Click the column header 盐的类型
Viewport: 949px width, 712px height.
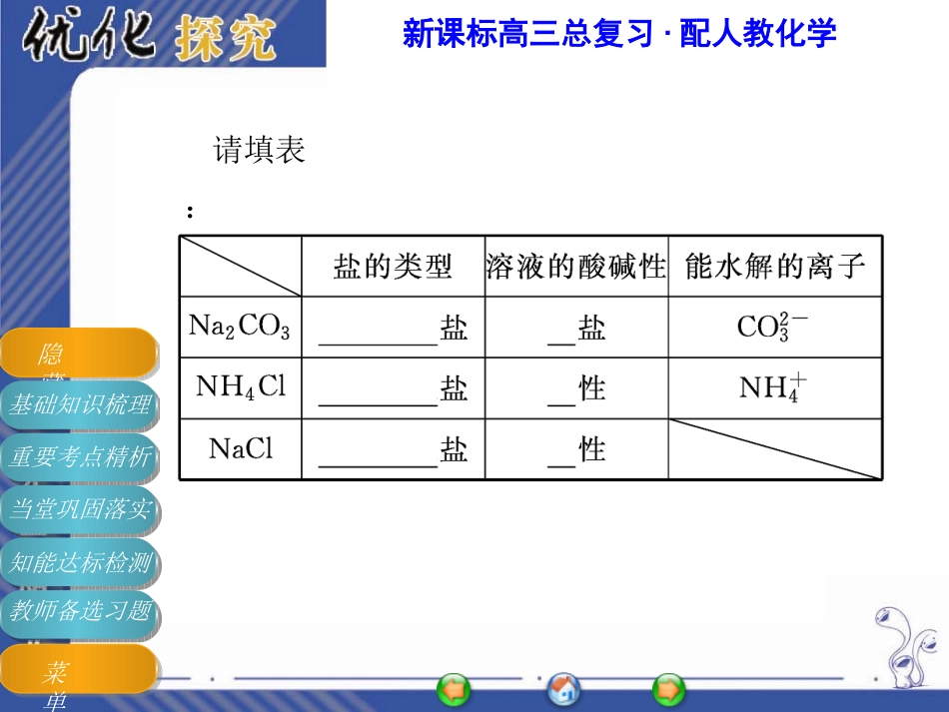[393, 267]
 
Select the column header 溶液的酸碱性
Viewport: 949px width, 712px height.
[576, 267]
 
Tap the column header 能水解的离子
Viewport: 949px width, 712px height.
[775, 267]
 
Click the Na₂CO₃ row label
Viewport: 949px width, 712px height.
[240, 327]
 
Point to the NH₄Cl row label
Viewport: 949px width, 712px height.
[240, 387]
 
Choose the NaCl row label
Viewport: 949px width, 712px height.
[240, 449]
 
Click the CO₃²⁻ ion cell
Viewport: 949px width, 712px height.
[774, 327]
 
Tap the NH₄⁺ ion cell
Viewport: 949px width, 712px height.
[774, 387]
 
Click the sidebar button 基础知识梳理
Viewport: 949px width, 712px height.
[79, 404]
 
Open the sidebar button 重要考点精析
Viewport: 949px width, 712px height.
[79, 457]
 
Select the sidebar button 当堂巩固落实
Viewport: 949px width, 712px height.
[79, 509]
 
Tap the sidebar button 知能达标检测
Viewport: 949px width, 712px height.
[79, 562]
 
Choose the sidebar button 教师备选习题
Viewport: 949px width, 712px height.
[79, 610]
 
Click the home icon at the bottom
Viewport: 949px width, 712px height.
[563, 689]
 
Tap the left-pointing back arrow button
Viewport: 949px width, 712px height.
[454, 689]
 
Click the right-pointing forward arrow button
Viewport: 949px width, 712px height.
[668, 689]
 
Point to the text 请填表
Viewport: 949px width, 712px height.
[259, 151]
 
